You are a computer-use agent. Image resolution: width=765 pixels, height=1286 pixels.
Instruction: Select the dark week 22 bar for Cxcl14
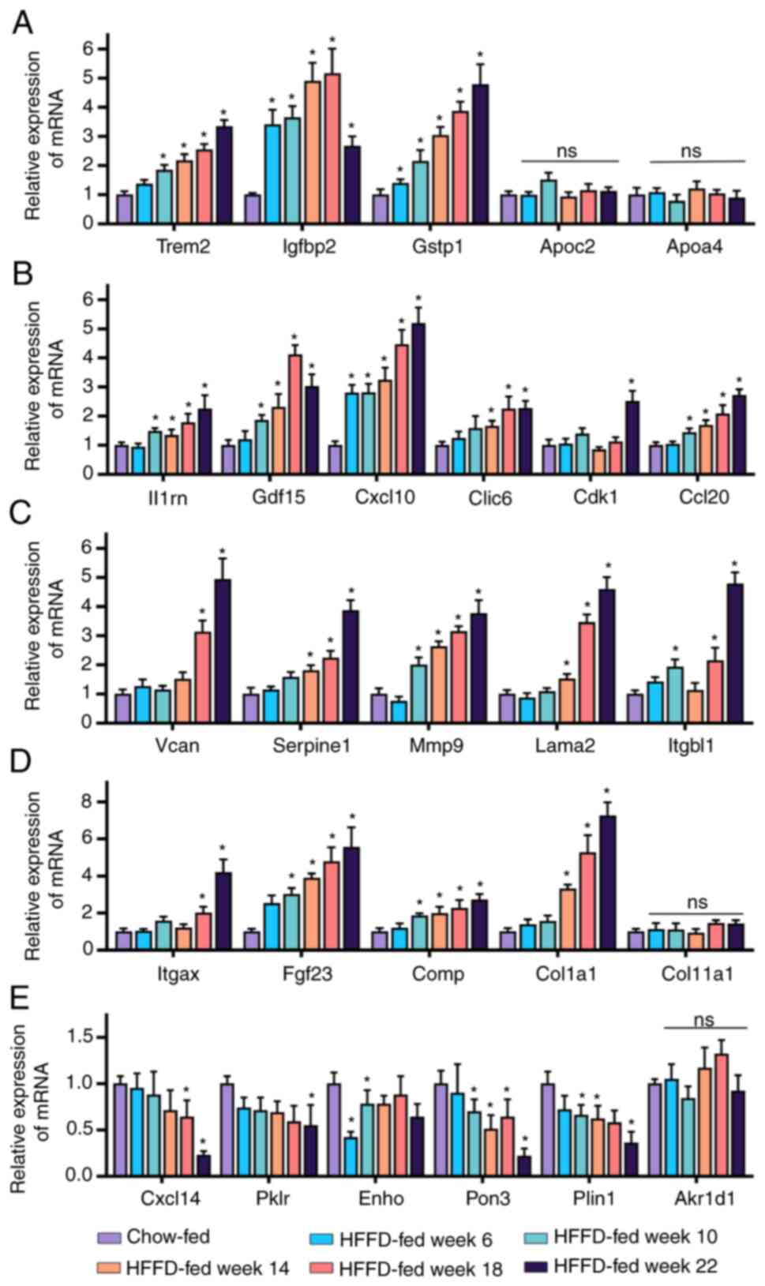coord(203,1165)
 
